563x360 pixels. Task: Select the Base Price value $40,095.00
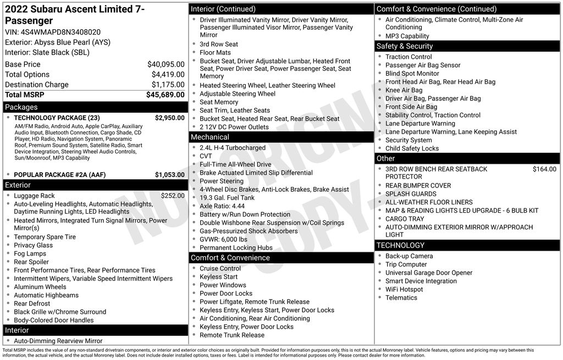(x=165, y=64)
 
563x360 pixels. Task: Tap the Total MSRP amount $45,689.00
(x=165, y=95)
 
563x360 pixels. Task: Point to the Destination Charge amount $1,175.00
(x=168, y=85)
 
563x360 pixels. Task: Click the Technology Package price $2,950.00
(x=169, y=118)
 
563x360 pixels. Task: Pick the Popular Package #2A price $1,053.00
(x=169, y=175)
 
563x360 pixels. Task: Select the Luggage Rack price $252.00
(x=173, y=196)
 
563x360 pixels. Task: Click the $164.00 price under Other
(x=544, y=169)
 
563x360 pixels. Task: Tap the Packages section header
(x=21, y=107)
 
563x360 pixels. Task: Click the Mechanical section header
(x=209, y=137)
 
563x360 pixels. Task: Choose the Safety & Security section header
(x=405, y=46)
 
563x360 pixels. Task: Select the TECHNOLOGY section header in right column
(x=400, y=245)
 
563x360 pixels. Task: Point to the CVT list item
(x=206, y=156)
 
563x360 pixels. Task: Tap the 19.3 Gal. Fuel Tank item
(x=227, y=198)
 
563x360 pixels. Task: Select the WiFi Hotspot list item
(x=404, y=289)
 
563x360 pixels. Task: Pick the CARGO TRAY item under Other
(x=404, y=219)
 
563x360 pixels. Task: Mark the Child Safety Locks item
(x=412, y=148)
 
